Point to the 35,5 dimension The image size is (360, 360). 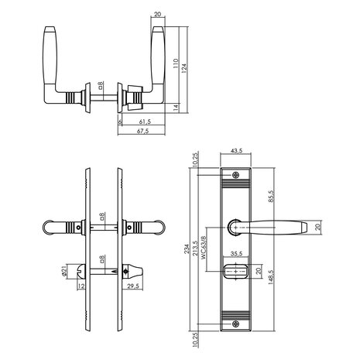(237, 252)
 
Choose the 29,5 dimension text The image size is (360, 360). (133, 289)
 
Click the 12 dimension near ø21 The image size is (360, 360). (81, 287)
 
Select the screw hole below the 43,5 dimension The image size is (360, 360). (238, 174)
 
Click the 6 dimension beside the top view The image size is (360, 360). (120, 122)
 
